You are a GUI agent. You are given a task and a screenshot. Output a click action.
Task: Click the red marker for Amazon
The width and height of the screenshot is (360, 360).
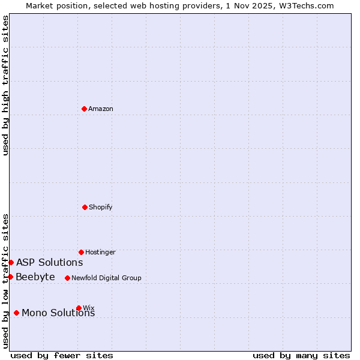84,109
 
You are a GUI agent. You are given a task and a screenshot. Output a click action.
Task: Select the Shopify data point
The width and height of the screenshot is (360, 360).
85,207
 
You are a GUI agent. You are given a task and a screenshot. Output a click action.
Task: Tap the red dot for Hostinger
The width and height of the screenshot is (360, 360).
81,252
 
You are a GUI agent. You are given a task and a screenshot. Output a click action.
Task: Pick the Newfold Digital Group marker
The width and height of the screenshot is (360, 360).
67,278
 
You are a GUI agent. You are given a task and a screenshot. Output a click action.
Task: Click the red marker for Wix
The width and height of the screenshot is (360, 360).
79,308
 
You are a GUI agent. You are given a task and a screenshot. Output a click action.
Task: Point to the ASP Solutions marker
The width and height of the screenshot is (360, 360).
11,262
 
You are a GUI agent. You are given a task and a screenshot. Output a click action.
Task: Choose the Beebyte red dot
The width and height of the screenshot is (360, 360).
10,277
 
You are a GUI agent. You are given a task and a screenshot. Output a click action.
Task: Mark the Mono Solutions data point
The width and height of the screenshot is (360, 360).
16,313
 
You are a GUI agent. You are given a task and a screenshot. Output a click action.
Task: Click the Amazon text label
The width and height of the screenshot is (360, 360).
101,109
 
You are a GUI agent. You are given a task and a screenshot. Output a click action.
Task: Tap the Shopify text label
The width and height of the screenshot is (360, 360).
101,207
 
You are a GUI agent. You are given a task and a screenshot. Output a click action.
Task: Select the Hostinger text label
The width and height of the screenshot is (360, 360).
100,252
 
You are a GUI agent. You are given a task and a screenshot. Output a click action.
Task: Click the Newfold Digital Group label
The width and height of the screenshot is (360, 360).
106,278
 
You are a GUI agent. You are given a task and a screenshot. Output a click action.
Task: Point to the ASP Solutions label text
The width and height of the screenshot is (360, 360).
49,262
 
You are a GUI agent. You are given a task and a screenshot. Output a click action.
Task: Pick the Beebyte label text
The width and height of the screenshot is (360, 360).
35,277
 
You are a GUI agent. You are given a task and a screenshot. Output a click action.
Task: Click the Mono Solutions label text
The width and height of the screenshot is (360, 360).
58,313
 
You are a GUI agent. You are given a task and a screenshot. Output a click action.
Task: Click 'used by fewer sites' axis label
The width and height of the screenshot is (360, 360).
62,355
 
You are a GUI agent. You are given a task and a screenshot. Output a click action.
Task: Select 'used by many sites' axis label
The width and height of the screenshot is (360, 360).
301,355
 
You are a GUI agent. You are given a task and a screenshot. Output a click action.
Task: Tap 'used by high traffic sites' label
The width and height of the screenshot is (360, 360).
5,85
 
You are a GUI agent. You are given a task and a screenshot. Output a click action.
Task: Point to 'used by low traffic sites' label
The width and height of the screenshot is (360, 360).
5,281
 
